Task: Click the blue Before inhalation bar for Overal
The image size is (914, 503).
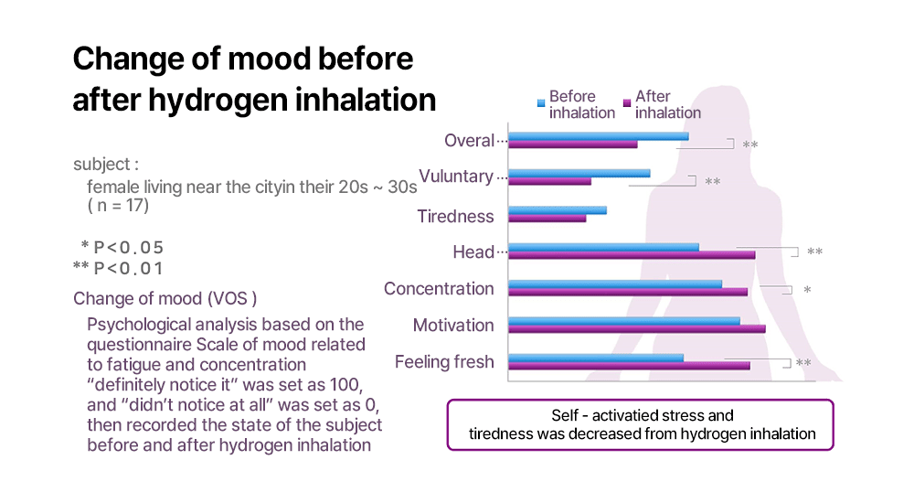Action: click(x=598, y=136)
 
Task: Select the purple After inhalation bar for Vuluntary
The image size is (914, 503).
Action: click(x=549, y=181)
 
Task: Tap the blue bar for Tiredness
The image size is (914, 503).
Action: click(x=557, y=209)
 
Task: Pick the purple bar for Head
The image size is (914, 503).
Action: click(x=631, y=254)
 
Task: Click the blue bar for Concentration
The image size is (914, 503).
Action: click(x=614, y=284)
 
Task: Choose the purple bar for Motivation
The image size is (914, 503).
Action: click(x=636, y=328)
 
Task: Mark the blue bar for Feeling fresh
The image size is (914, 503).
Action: click(x=595, y=357)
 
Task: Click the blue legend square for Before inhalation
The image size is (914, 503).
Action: click(x=541, y=100)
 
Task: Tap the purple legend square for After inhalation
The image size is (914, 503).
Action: click(x=626, y=100)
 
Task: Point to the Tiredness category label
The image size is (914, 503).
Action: click(x=455, y=217)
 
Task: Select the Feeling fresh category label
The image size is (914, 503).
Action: click(x=443, y=362)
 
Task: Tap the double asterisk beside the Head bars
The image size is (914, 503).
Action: click(x=814, y=252)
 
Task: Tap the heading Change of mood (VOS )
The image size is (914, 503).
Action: click(x=165, y=299)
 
